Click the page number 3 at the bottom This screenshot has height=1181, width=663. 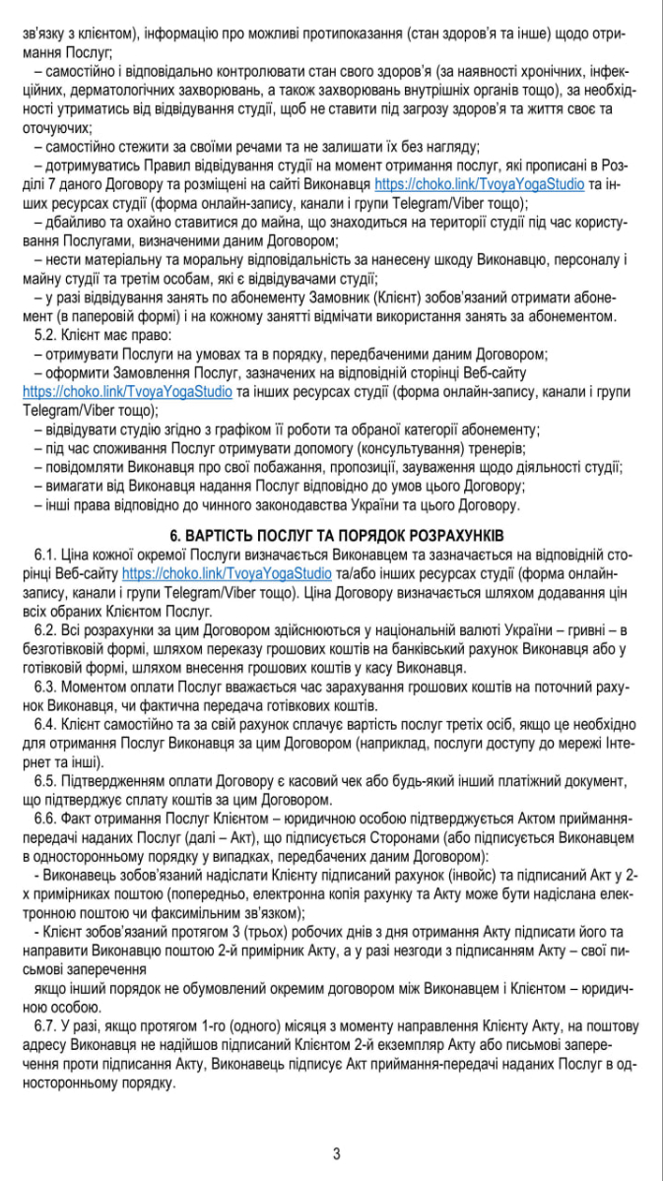[x=336, y=1153]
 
